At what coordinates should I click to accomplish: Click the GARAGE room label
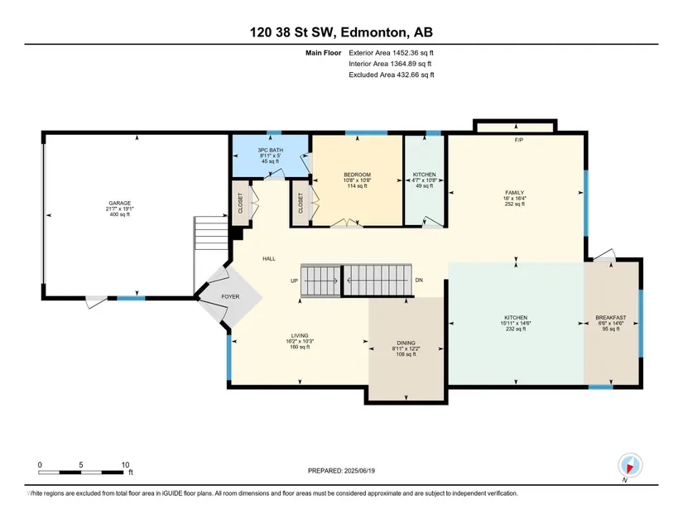coord(120,204)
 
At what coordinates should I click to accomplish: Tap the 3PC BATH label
coord(271,150)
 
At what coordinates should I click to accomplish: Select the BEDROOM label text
coord(357,175)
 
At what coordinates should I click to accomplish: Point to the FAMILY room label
coord(514,192)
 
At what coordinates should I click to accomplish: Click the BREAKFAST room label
coord(611,318)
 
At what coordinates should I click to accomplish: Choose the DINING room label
coord(406,343)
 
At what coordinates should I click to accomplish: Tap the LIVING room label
coord(300,336)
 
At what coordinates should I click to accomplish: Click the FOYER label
coord(230,297)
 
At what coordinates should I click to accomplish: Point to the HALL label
coord(269,258)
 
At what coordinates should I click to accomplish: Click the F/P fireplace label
coord(519,140)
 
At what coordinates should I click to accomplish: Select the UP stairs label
coord(295,281)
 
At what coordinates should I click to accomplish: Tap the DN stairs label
coord(419,281)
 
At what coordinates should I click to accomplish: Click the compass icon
coord(630,465)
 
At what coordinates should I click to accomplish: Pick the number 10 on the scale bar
coord(126,465)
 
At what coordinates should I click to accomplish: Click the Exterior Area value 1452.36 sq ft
coord(413,53)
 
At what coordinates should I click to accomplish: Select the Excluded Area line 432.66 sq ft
coord(392,74)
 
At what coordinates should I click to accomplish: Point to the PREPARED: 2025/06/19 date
coord(341,471)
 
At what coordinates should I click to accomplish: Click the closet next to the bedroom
coord(301,204)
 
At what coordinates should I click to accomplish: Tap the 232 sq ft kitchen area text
coord(516,329)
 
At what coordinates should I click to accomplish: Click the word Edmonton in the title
coord(373,32)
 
